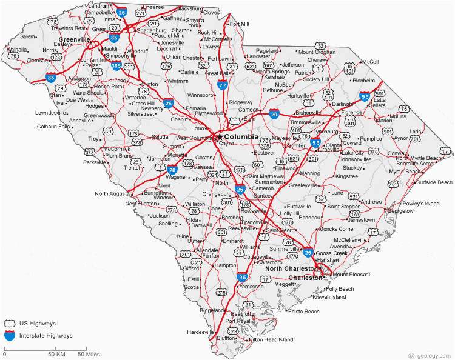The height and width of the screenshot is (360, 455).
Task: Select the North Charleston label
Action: coord(291,268)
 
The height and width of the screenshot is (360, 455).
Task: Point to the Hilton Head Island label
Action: coord(271,339)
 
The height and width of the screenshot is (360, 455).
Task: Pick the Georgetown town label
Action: coord(402,211)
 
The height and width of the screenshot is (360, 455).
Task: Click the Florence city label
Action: coord(351,113)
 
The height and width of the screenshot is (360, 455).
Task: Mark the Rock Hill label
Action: coord(208,32)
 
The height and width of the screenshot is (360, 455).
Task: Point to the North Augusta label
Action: coord(113,194)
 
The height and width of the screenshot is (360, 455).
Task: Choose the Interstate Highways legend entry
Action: coord(45,335)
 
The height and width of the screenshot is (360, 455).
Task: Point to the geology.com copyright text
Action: coord(430,355)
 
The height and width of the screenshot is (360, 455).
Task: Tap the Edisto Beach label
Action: coord(303,312)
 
